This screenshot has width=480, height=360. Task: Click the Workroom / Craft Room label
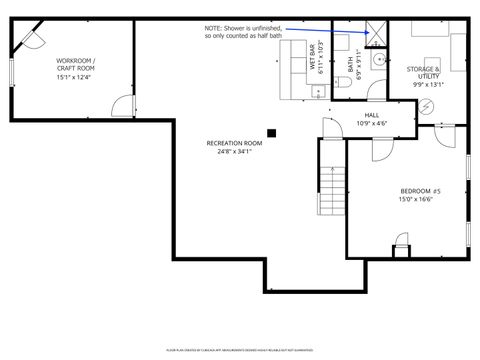coord(76,64)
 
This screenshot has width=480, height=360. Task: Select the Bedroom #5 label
coord(420,191)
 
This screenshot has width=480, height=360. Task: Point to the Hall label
coord(371,115)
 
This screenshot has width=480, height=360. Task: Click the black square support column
coord(271,130)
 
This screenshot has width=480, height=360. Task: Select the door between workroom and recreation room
coord(124,107)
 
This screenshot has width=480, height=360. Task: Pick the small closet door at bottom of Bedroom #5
coord(401,243)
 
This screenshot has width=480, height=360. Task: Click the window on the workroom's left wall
coord(9,71)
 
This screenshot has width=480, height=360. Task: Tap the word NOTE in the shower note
coord(214,28)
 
